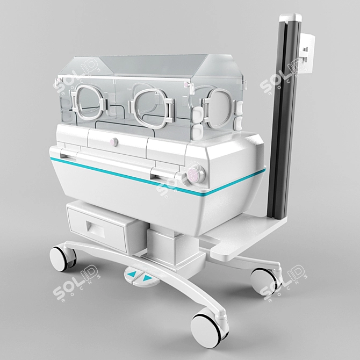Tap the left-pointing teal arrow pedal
(x=131, y=275)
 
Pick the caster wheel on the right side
(x=264, y=279)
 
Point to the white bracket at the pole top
(x=305, y=54)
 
